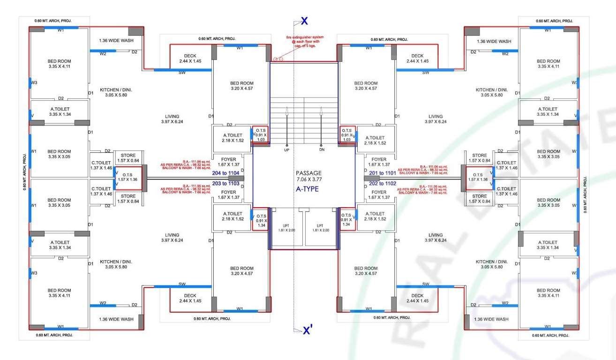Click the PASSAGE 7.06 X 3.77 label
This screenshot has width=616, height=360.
point(308,176)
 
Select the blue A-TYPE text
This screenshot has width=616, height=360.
point(308,189)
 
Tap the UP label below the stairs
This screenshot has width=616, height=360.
point(286,150)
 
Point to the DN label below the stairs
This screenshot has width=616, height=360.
point(321,150)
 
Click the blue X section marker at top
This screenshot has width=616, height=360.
point(304,21)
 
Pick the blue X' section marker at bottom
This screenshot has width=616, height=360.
point(307,331)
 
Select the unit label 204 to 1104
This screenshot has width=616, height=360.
point(226,173)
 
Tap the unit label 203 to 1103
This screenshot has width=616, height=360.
point(226,184)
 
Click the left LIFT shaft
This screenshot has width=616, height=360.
point(287,228)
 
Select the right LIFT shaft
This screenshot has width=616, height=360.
point(322,228)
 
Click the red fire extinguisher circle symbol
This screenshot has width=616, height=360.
point(277,60)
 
